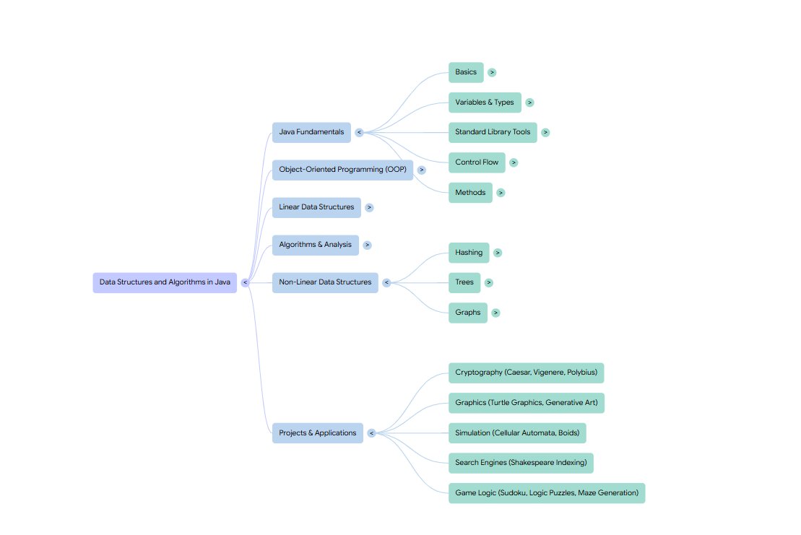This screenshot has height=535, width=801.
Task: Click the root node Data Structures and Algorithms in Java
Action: [165, 282]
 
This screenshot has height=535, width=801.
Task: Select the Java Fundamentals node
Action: [311, 132]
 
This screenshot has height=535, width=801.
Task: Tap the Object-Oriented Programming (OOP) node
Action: [342, 170]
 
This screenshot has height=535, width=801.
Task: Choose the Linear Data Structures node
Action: [316, 207]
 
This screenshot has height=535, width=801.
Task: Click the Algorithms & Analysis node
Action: [315, 245]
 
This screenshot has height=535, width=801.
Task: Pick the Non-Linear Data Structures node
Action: [325, 282]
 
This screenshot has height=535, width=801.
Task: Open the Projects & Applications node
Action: [317, 433]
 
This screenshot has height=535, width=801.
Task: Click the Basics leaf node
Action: [466, 72]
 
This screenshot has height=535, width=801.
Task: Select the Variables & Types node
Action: [485, 103]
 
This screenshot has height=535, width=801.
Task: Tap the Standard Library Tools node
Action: [493, 132]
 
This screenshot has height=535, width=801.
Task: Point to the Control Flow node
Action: [477, 162]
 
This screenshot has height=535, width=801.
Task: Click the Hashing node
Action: [469, 253]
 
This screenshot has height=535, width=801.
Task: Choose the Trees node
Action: [464, 282]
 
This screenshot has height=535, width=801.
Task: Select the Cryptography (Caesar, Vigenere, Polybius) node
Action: [526, 373]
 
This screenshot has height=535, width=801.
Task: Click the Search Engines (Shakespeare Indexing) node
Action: [521, 463]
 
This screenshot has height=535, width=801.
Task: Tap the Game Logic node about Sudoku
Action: [546, 493]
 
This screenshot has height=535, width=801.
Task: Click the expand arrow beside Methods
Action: [501, 193]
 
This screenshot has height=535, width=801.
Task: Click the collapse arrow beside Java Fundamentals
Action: [359, 132]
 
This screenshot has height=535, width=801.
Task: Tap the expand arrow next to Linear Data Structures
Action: [369, 207]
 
